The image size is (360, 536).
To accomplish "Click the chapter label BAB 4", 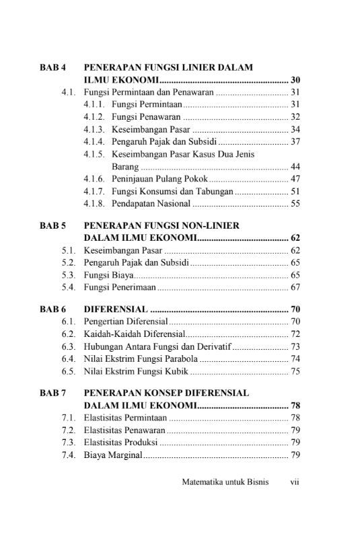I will click(x=52, y=68).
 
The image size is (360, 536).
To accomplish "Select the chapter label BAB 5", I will click(x=52, y=226).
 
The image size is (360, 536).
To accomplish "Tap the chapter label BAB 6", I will click(x=52, y=309).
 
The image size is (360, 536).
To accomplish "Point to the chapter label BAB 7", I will click(x=52, y=393).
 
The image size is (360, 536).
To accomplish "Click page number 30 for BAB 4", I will click(x=295, y=80).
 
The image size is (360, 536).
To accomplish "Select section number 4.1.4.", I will click(x=94, y=141).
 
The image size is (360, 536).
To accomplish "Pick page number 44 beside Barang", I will click(x=295, y=166).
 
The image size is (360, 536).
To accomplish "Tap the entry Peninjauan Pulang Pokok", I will click(x=159, y=179).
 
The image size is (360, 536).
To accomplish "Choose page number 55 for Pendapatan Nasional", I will click(x=295, y=204).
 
